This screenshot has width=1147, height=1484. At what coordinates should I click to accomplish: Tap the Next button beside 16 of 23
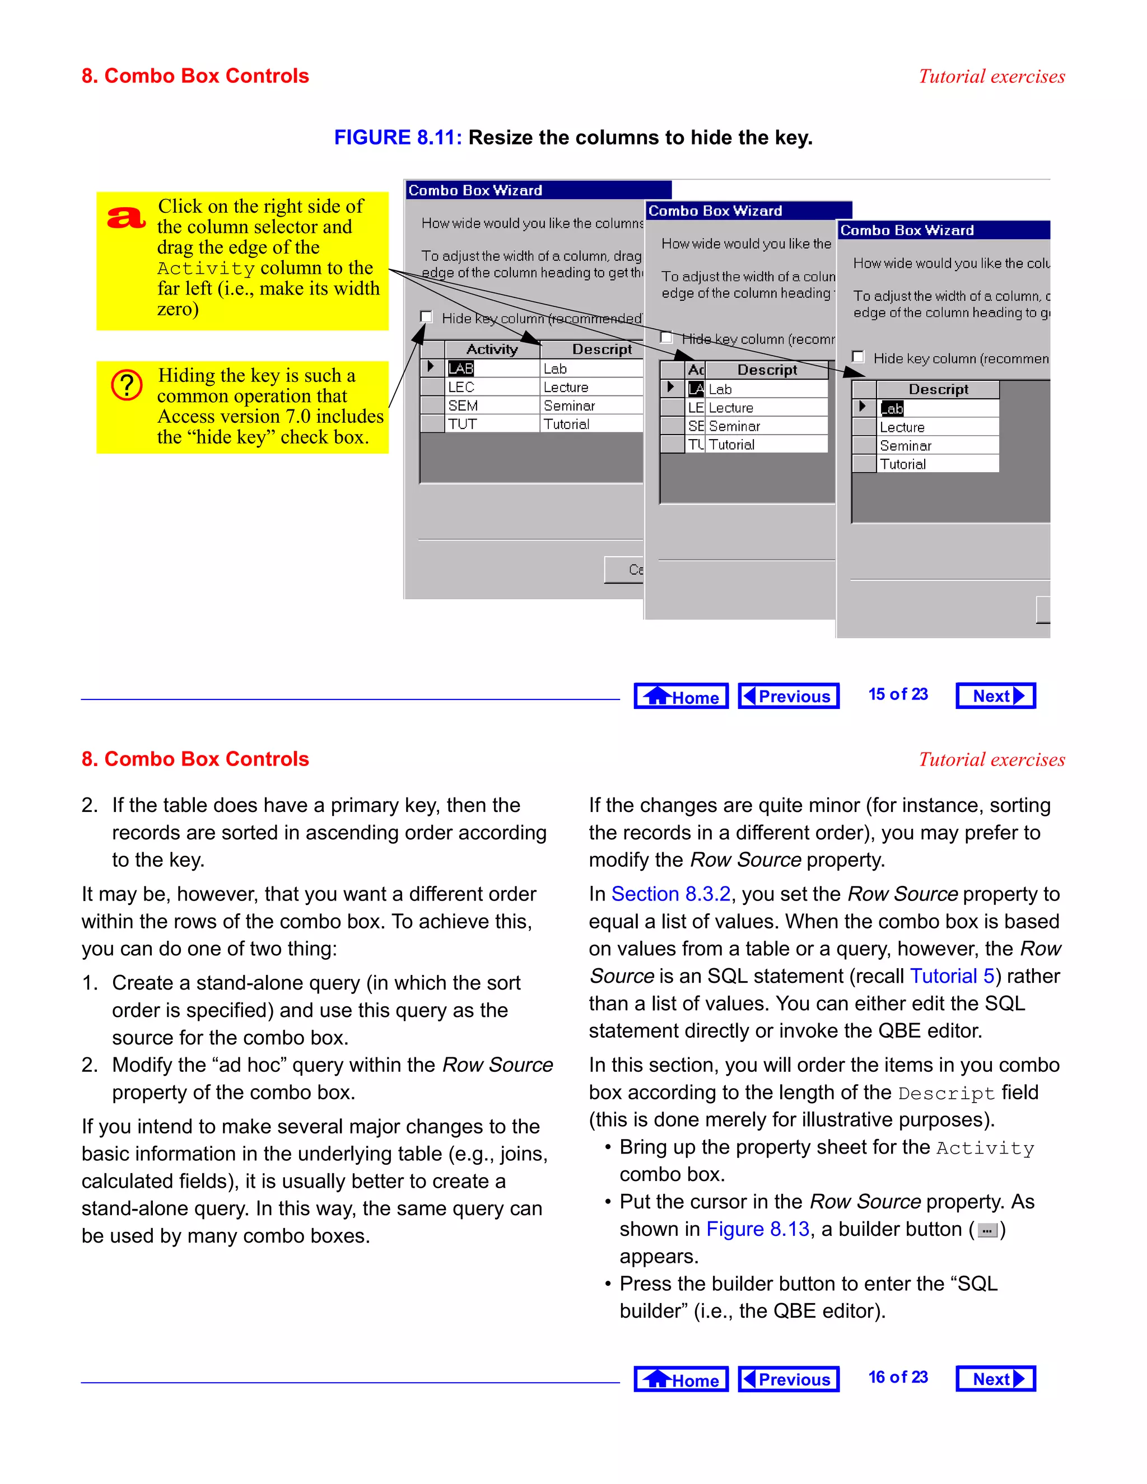click(x=995, y=1379)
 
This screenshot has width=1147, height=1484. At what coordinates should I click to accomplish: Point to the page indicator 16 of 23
click(x=898, y=1378)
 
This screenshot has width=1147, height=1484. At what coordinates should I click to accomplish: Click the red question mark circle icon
click(x=127, y=385)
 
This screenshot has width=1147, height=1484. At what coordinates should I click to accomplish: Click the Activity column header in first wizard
click(x=492, y=349)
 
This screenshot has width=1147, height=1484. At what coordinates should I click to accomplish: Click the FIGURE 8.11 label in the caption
click(x=398, y=138)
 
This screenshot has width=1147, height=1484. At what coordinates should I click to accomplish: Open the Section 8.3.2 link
click(x=670, y=894)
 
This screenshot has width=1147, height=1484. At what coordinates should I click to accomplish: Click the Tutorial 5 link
click(x=952, y=977)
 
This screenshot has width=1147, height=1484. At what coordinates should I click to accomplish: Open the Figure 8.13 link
click(x=758, y=1229)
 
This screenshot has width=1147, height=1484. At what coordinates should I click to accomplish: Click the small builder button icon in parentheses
click(x=987, y=1230)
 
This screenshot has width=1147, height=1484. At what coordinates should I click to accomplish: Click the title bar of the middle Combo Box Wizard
click(x=748, y=211)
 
